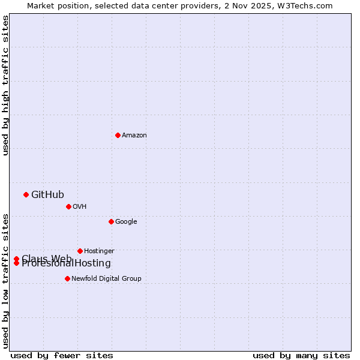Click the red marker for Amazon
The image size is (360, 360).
pyautogui.click(x=118, y=135)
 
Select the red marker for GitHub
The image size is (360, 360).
pyautogui.click(x=26, y=194)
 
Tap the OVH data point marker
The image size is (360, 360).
pyautogui.click(x=68, y=206)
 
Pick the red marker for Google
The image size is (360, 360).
pyautogui.click(x=111, y=221)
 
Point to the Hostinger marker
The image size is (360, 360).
pyautogui.click(x=80, y=251)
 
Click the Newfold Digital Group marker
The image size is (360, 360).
pyautogui.click(x=67, y=278)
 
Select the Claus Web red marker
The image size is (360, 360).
pyautogui.click(x=16, y=259)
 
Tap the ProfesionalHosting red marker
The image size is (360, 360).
pyautogui.click(x=16, y=263)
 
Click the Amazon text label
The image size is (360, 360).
pyautogui.click(x=134, y=136)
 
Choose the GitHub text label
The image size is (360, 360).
pyautogui.click(x=47, y=194)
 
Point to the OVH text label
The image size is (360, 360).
pyautogui.click(x=80, y=207)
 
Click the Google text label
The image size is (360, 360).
pyautogui.click(x=126, y=222)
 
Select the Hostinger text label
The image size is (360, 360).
pyautogui.click(x=99, y=251)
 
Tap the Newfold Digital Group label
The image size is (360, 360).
pyautogui.click(x=106, y=279)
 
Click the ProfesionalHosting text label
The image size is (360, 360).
pyautogui.click(x=66, y=263)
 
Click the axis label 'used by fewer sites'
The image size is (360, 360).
pyautogui.click(x=62, y=355)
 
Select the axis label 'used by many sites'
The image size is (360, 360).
pyautogui.click(x=301, y=355)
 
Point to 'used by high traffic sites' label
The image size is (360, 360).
pyautogui.click(x=5, y=85)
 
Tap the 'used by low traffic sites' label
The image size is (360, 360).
pyautogui.click(x=5, y=280)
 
